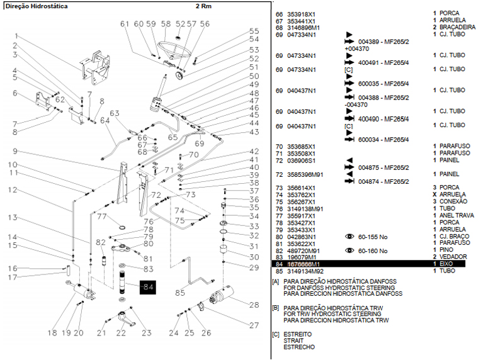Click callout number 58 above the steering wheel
pos(166,23)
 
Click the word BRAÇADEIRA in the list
pos(457,27)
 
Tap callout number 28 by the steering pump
pos(254,305)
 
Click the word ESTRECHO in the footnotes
pos(299,347)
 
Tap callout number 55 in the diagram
pos(254,31)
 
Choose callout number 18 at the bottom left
pos(52,332)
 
